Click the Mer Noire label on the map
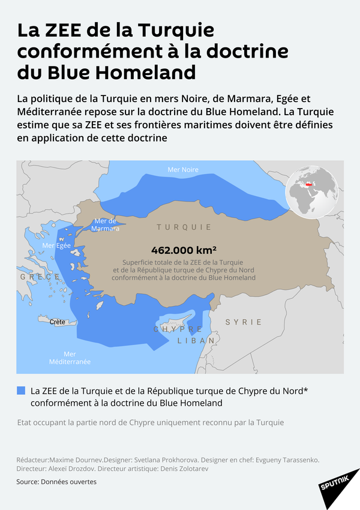pos(183,170)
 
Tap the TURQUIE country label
pos(184,227)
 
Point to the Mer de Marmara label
pos(106,225)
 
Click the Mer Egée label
pos(57,245)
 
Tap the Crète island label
pos(58,322)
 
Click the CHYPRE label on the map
pos(178,330)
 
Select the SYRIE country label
pos(244,322)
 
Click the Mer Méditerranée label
pos(70,358)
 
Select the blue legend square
pos(22,391)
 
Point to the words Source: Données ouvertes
pos(56,482)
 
